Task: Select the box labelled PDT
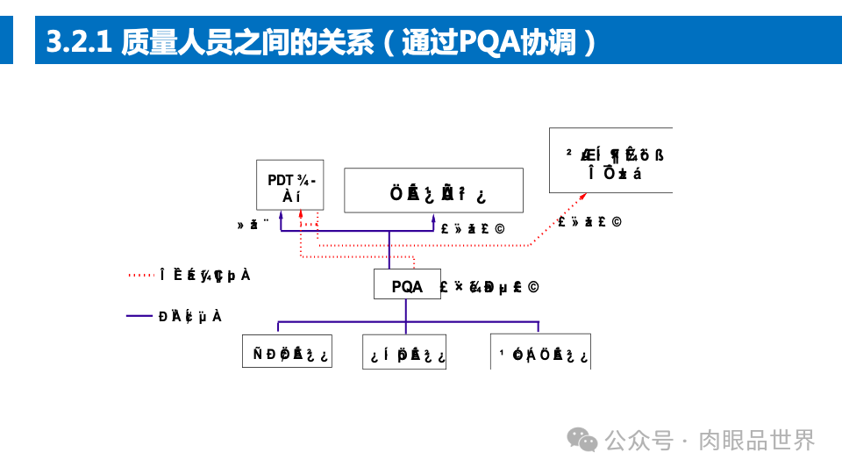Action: pos(289,185)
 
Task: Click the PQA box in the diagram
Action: pos(407,285)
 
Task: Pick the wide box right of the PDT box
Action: pos(433,190)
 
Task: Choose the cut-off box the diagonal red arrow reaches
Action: pos(610,161)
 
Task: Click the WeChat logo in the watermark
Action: pos(582,439)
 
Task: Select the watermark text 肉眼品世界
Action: pos(756,440)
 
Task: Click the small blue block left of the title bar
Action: pos(6,42)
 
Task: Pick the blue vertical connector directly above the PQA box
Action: pos(389,250)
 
